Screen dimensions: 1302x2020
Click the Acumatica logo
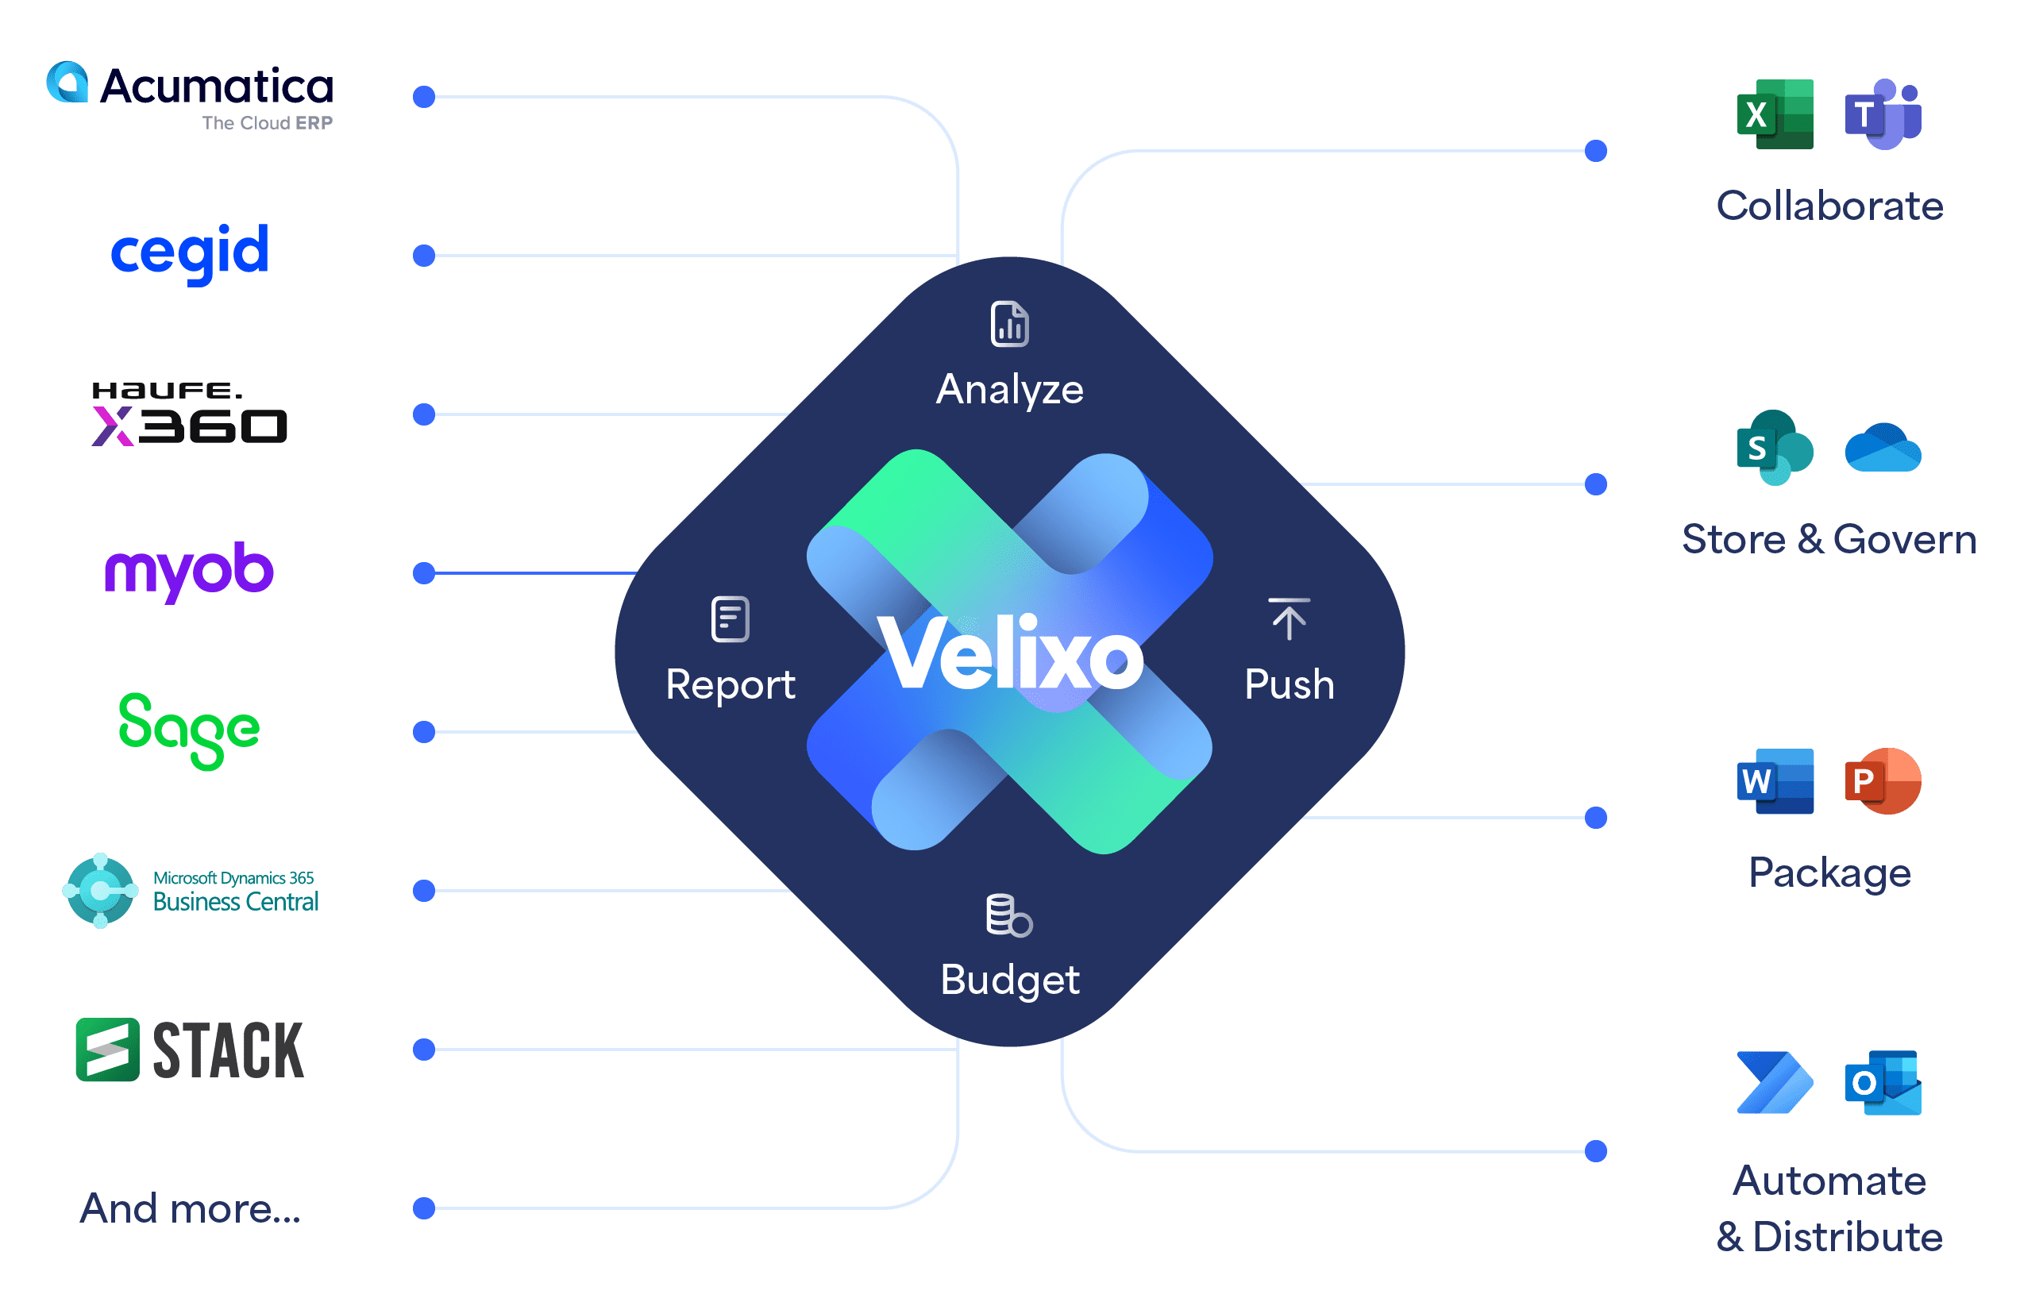click(x=190, y=94)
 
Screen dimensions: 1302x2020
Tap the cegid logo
click(x=190, y=252)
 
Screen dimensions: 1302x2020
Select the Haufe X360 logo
click(x=190, y=414)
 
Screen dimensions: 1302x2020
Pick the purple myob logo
click(x=188, y=571)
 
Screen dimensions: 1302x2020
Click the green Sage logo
click(x=188, y=730)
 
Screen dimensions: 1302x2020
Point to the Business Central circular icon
click(x=101, y=890)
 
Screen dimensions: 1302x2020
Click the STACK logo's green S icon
click(x=107, y=1050)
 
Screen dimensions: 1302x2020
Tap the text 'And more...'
click(x=191, y=1208)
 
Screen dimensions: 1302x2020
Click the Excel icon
click(x=1775, y=114)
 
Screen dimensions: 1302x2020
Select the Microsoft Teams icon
click(x=1883, y=114)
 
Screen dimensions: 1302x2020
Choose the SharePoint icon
click(x=1775, y=448)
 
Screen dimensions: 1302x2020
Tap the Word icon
click(x=1775, y=781)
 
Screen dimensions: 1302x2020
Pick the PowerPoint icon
click(x=1883, y=781)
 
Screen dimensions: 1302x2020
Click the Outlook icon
click(x=1883, y=1083)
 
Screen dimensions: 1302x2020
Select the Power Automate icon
click(x=1775, y=1083)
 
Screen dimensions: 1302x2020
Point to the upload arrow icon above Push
click(x=1289, y=619)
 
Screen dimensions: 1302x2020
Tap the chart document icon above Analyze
click(x=1009, y=324)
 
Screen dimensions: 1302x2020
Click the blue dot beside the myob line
click(x=424, y=573)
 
